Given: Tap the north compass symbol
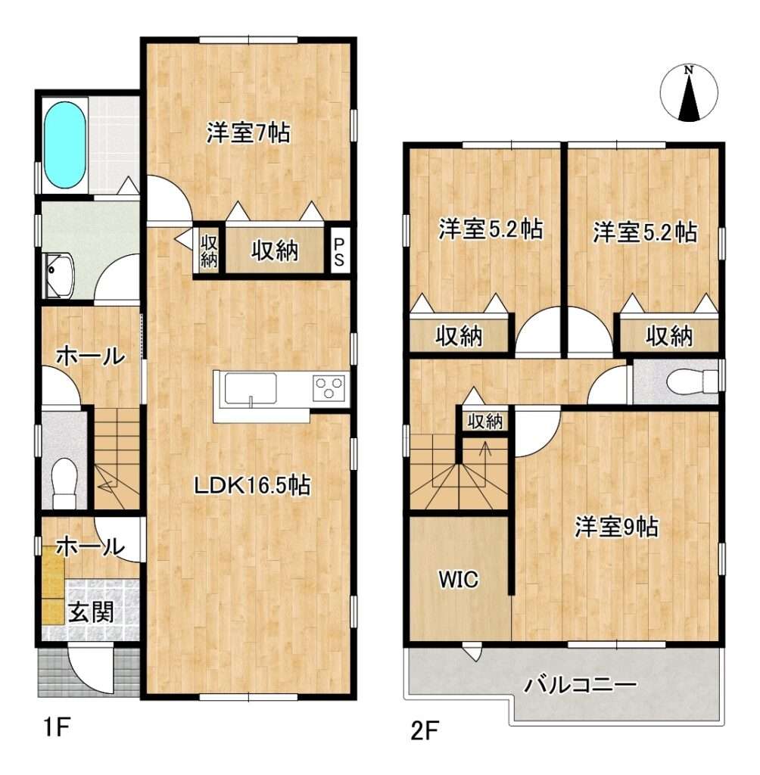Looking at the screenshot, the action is (689, 93).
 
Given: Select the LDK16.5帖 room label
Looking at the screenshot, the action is (251, 485).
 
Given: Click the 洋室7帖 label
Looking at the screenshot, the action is (248, 132).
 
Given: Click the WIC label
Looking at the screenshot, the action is (459, 579).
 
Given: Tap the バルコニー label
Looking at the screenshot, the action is (580, 684).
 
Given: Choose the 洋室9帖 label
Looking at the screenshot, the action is (616, 527).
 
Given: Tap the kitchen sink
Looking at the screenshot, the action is (251, 389).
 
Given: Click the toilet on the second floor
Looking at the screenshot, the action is (692, 381).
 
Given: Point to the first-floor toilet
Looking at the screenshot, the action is (65, 483).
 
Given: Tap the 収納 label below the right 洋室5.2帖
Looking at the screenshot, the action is (669, 337).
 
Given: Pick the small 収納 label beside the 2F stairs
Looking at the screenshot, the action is (485, 421).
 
